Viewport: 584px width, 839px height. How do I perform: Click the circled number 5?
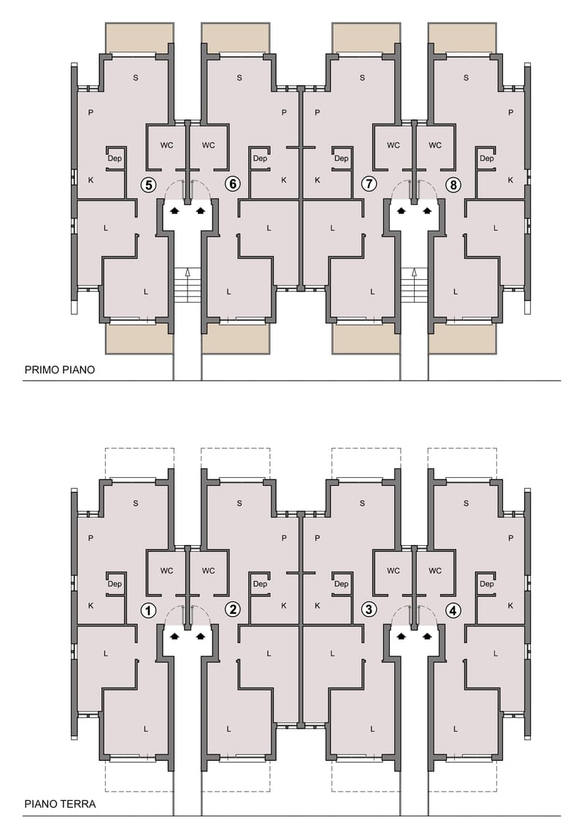tap(148, 185)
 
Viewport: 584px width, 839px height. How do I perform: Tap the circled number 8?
tap(453, 185)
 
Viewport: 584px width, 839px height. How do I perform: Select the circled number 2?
tap(232, 610)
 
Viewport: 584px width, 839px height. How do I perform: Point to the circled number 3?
tap(369, 610)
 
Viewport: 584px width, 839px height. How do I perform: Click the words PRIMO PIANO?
tap(60, 370)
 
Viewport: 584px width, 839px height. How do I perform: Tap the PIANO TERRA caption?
tap(61, 804)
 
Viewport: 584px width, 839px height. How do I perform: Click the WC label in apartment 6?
tap(208, 145)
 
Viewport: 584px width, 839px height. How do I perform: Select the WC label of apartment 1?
tap(166, 571)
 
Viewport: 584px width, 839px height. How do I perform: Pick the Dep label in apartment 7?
tap(341, 159)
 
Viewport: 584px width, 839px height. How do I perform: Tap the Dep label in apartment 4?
tap(487, 584)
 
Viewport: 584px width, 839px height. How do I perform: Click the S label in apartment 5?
tap(136, 77)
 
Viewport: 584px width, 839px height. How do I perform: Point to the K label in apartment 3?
tap(318, 606)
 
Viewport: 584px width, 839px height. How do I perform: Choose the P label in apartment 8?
tap(511, 113)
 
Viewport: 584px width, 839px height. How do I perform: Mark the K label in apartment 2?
tap(284, 606)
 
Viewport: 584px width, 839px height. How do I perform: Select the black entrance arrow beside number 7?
tap(401, 210)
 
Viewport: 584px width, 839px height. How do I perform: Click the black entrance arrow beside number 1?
tap(174, 636)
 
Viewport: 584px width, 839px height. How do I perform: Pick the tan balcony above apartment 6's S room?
tap(236, 38)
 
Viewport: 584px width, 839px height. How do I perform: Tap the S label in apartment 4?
tap(466, 504)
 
